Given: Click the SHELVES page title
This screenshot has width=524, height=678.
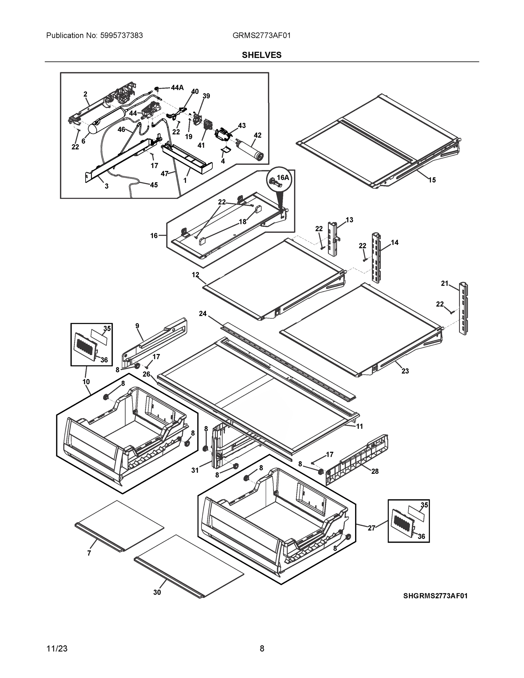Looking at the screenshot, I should click(262, 55).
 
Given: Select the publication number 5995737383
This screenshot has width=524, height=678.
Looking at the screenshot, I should click(121, 36).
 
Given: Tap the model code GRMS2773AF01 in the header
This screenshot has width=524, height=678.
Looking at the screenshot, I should click(261, 36).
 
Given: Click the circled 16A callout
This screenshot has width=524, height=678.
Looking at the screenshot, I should click(279, 180).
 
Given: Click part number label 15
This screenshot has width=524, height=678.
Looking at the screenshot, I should click(432, 180).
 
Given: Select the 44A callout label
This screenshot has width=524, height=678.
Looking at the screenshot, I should click(177, 88).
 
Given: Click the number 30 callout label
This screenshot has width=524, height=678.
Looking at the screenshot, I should click(157, 592).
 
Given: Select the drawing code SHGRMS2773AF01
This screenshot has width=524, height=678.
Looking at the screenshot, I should click(435, 596).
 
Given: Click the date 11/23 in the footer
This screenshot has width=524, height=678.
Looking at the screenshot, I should click(57, 649).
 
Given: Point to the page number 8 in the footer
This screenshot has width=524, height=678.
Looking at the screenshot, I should click(262, 649).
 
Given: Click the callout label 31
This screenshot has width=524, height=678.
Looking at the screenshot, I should click(195, 470).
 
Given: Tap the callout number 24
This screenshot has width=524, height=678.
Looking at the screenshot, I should click(203, 314).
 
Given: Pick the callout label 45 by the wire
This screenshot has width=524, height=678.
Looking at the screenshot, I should click(154, 185).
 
